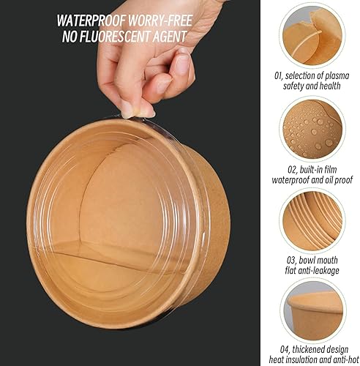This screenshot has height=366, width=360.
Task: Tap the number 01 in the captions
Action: [278, 76]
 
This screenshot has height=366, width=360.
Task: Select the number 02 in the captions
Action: [292, 170]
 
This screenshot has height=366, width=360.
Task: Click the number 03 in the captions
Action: [290, 261]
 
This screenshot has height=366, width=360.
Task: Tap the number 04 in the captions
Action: [285, 350]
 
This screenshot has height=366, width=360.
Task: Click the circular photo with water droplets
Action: [312, 129]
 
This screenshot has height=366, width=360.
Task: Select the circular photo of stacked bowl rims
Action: [312, 220]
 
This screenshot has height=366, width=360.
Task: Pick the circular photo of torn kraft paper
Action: [312, 36]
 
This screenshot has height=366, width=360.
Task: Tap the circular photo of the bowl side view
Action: [313, 311]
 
